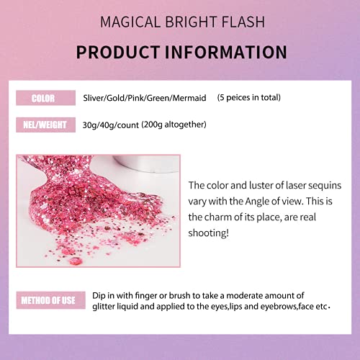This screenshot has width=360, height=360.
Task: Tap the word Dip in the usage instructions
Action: (99, 296)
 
